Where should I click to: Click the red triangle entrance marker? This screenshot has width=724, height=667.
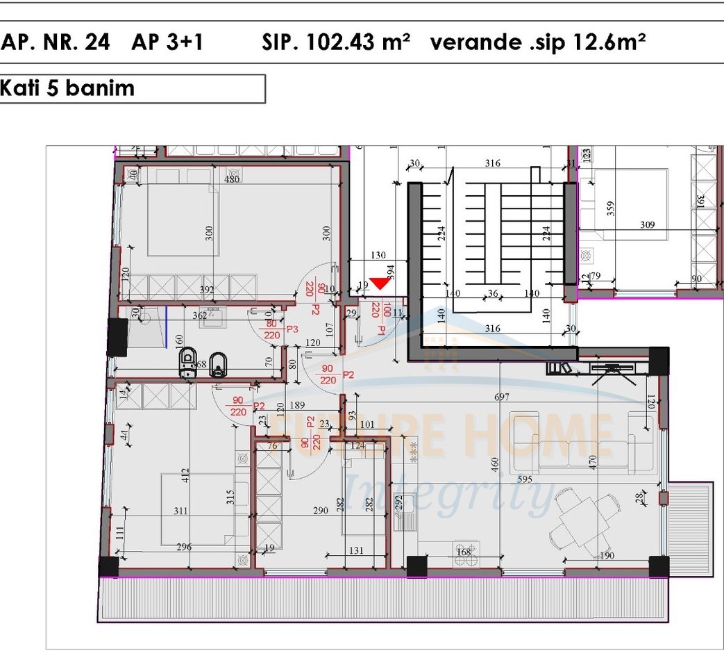click(x=380, y=283)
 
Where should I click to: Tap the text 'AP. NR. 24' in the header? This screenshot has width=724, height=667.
click(x=56, y=42)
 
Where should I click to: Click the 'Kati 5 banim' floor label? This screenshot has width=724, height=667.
click(x=68, y=89)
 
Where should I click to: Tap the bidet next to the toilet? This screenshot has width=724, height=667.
click(x=219, y=364)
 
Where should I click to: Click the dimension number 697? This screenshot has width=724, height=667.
click(x=502, y=397)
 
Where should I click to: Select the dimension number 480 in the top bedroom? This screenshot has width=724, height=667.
click(x=231, y=179)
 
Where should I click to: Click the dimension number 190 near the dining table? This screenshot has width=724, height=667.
click(x=606, y=556)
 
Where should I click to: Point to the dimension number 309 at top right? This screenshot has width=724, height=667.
click(x=648, y=225)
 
